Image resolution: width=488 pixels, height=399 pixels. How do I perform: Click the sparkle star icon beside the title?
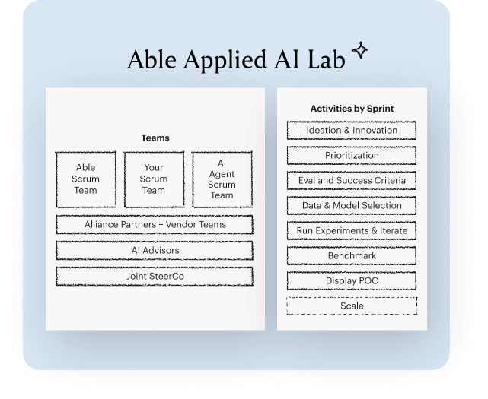coord(359,51)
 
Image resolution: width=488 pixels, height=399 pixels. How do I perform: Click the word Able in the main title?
coord(151,60)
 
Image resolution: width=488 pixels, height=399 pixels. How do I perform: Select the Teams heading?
coord(155,138)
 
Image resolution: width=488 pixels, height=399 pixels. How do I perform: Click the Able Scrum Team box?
coord(86,179)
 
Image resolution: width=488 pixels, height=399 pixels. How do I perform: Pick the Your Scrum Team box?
coord(155,179)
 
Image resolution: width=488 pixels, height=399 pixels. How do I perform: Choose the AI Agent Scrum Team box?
coord(222,179)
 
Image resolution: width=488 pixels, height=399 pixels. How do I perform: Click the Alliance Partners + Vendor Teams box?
coord(155,225)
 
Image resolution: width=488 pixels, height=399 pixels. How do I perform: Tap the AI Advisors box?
coord(155,251)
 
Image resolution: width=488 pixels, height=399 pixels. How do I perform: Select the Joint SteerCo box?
coord(155,277)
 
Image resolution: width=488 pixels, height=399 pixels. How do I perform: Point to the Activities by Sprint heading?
coord(352,109)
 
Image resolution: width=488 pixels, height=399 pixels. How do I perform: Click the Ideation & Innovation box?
coord(352,131)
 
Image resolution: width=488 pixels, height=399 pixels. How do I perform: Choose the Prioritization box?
coord(352,156)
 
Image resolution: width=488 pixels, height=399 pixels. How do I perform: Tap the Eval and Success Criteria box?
coord(352,181)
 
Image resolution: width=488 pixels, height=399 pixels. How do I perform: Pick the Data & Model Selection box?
coord(352,206)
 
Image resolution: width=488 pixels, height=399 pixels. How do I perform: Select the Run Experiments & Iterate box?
coord(352,231)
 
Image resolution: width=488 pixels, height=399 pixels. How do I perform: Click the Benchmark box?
coord(352,256)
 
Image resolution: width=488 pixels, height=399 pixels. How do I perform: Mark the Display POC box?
coord(352,281)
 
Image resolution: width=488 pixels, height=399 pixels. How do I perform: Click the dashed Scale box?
coord(352,306)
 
